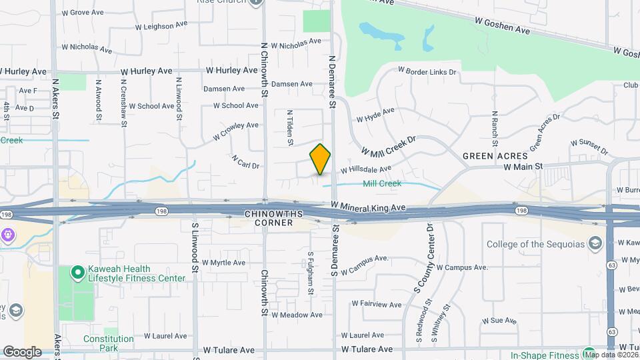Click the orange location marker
point(321,159)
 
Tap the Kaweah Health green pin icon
point(77,271)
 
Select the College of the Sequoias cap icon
point(593,244)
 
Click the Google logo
point(22,351)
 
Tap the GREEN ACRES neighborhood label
point(491,155)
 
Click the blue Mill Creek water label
point(382,183)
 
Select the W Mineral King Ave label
point(368,208)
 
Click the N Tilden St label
point(290,127)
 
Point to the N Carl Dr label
point(245,162)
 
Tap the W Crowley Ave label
point(236,130)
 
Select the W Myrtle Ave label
point(223,263)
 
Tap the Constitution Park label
point(109,343)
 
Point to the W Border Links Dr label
point(427,71)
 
